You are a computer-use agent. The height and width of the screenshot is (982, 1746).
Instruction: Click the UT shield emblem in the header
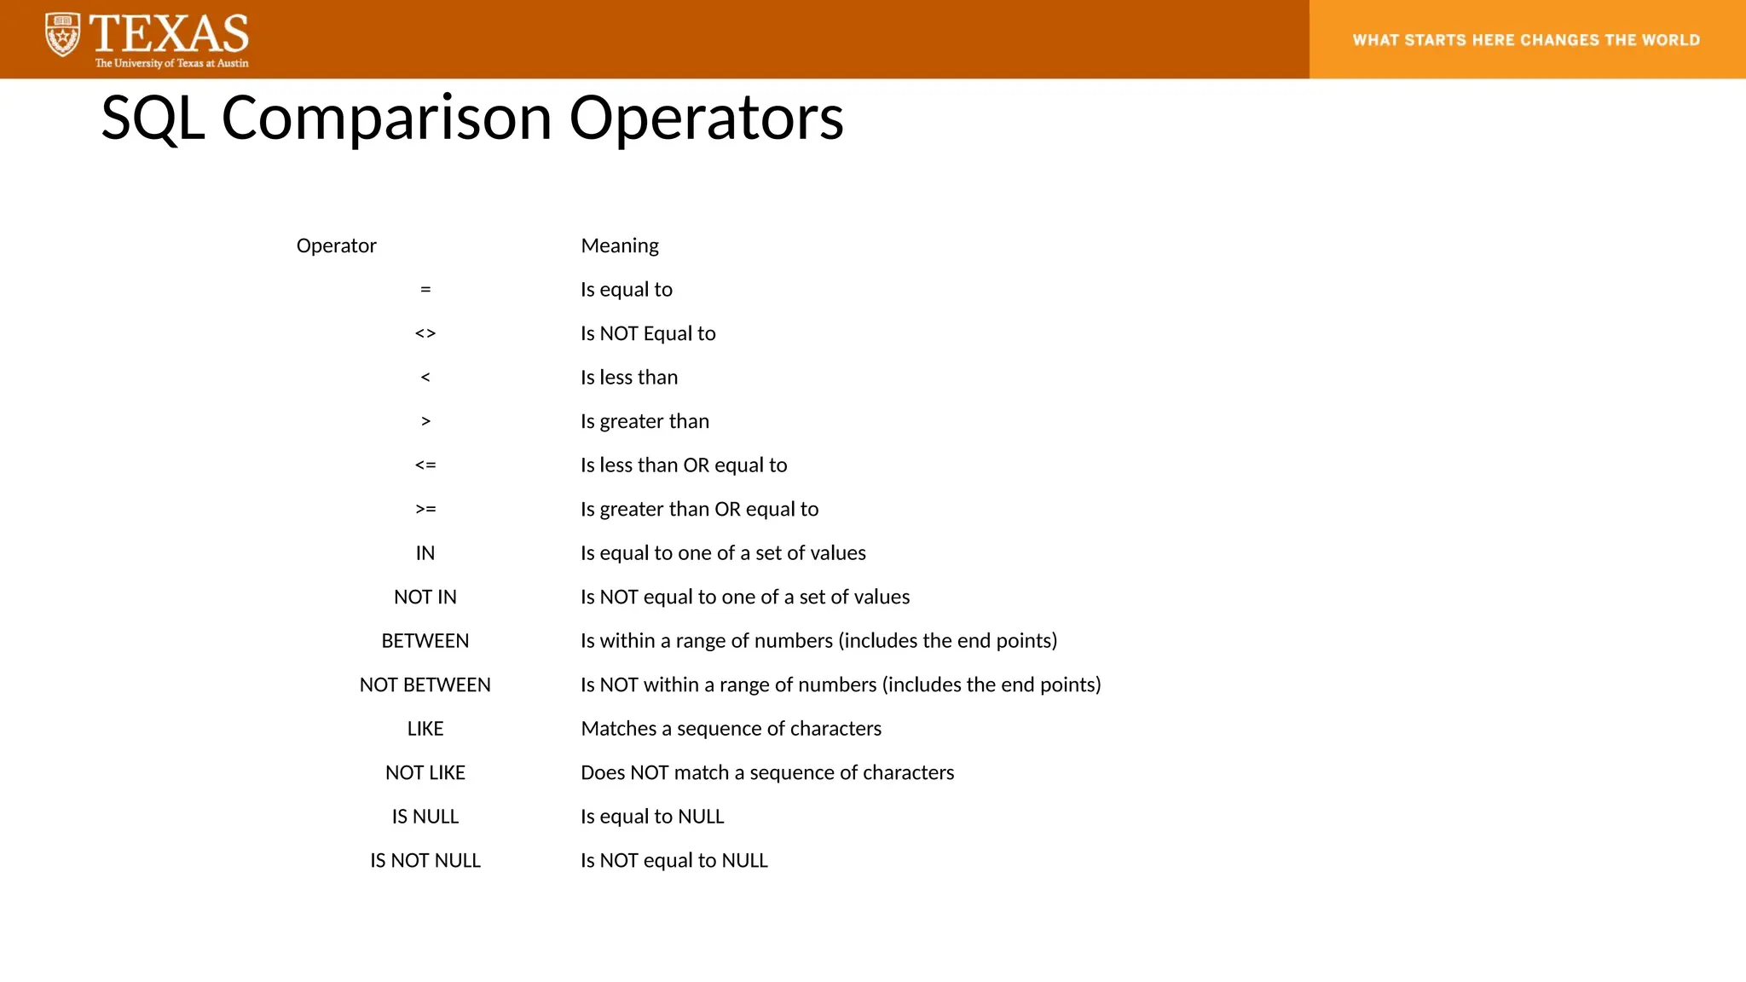click(62, 35)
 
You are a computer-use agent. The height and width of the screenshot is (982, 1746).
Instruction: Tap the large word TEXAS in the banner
click(170, 34)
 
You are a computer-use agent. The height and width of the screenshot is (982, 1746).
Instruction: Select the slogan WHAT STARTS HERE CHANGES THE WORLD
click(1526, 40)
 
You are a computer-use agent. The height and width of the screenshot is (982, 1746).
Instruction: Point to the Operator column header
click(336, 246)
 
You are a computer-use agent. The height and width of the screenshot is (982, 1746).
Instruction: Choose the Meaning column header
click(620, 246)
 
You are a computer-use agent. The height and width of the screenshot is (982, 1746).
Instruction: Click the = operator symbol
click(425, 290)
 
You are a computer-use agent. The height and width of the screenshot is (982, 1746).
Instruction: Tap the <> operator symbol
click(425, 334)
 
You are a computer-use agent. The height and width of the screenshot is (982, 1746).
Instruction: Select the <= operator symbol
click(425, 465)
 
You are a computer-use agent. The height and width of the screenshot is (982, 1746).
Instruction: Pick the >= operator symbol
click(425, 510)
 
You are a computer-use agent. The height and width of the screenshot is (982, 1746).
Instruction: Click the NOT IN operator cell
click(425, 598)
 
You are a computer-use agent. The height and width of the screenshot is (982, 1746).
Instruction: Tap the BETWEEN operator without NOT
click(425, 641)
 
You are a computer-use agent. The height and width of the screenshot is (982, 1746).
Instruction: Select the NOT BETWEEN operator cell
click(425, 685)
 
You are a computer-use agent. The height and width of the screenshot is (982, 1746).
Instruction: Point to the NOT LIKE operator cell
click(425, 773)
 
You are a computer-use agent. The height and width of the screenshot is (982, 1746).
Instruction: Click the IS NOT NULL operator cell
click(425, 861)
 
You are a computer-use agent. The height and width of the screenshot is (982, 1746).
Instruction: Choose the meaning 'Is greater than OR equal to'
click(699, 510)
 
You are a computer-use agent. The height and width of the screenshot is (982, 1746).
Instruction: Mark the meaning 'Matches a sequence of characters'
click(731, 729)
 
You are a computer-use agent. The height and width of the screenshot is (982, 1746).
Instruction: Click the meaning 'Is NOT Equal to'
click(648, 334)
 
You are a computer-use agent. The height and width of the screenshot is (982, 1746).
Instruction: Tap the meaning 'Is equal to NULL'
click(652, 817)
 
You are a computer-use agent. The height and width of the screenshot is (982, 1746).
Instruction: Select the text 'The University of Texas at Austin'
click(171, 63)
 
